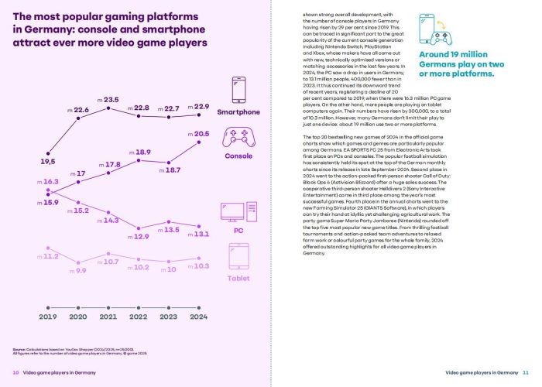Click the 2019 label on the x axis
point(49,317)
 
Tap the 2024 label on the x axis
point(200,317)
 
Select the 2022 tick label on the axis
point(139,317)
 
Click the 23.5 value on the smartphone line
point(111,100)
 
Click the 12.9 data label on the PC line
point(141,236)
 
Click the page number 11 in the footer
point(526,373)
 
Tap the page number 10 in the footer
point(15,373)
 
